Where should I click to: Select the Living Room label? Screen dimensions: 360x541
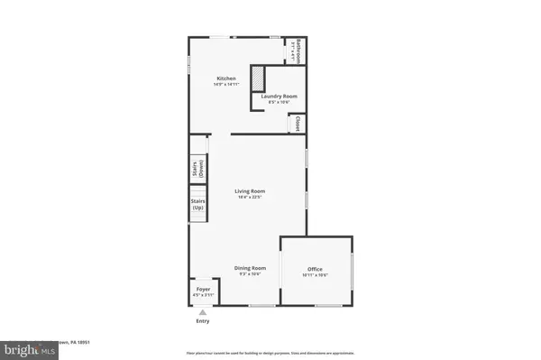250,190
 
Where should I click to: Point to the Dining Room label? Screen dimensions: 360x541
250,268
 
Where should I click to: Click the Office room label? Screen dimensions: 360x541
315,269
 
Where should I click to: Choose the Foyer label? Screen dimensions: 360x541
203,290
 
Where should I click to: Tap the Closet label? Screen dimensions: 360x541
297,124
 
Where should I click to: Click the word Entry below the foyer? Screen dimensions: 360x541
202,321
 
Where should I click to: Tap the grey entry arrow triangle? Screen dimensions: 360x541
202,312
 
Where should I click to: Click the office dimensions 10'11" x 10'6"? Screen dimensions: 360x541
315,275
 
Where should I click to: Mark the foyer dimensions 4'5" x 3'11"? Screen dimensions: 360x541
203,296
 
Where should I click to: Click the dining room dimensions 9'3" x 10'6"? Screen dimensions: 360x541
250,274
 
